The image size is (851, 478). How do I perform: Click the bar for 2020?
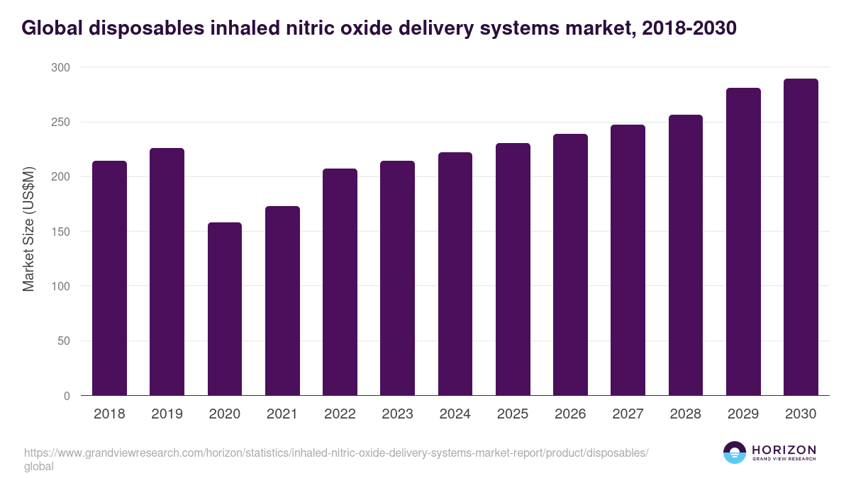(x=225, y=309)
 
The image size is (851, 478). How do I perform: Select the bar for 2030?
(x=801, y=237)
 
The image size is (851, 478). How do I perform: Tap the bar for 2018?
(x=109, y=278)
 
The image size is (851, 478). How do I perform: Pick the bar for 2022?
(x=340, y=282)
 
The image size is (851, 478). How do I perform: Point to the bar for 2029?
(x=743, y=241)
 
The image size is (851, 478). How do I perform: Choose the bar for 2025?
(x=513, y=269)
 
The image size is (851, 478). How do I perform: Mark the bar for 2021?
(x=282, y=301)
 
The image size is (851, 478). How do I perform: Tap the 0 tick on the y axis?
(x=67, y=396)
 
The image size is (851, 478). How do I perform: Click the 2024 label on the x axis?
(x=455, y=414)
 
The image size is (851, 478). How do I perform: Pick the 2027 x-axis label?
(x=628, y=414)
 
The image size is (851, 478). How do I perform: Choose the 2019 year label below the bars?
(x=167, y=414)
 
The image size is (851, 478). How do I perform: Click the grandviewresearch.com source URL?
(x=336, y=453)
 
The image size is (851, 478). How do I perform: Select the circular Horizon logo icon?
(x=734, y=453)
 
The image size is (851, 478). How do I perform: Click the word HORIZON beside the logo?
(x=784, y=450)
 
